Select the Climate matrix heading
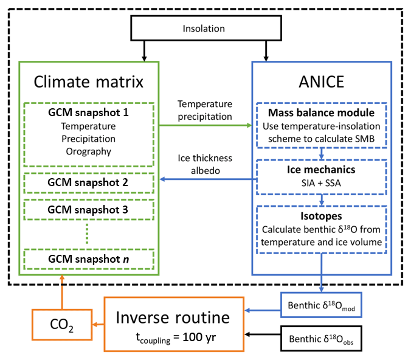click(x=89, y=81)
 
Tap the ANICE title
click(x=321, y=81)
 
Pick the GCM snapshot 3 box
click(x=89, y=210)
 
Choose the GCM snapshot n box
click(x=89, y=259)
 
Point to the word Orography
click(x=89, y=151)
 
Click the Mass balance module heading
click(x=321, y=113)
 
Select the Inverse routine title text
click(x=173, y=317)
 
